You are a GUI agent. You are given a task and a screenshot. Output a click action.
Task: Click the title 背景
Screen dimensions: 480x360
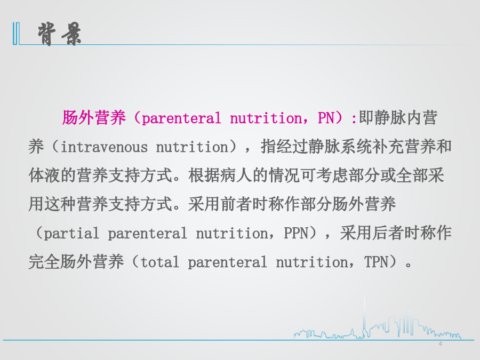59,34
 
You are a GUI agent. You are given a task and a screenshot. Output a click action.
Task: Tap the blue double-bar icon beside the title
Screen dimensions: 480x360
16,34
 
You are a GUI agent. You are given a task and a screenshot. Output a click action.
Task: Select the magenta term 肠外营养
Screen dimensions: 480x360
94,117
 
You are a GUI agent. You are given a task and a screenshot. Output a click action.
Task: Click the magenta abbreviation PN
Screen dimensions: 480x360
326,118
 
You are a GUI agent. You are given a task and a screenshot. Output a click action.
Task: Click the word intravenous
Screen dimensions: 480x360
104,147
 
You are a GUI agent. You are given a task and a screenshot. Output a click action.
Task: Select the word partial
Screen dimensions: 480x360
71,233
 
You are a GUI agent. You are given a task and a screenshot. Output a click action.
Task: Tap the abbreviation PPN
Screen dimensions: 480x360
295,233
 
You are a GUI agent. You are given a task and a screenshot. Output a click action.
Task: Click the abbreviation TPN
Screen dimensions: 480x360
377,262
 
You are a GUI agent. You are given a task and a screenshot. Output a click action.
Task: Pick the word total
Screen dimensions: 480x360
160,262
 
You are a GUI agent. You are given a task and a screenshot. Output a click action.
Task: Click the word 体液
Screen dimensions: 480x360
44,175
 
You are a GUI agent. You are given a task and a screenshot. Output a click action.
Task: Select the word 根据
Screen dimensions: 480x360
204,175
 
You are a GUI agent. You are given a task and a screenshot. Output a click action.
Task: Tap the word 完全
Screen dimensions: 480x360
44,262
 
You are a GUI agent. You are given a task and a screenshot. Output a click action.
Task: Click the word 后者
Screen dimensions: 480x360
388,233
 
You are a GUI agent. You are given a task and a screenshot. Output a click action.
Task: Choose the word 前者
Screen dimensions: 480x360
236,204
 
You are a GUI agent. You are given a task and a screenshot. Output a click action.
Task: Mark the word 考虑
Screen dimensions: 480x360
332,175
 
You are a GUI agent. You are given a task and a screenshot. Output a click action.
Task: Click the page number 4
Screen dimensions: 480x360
440,344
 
